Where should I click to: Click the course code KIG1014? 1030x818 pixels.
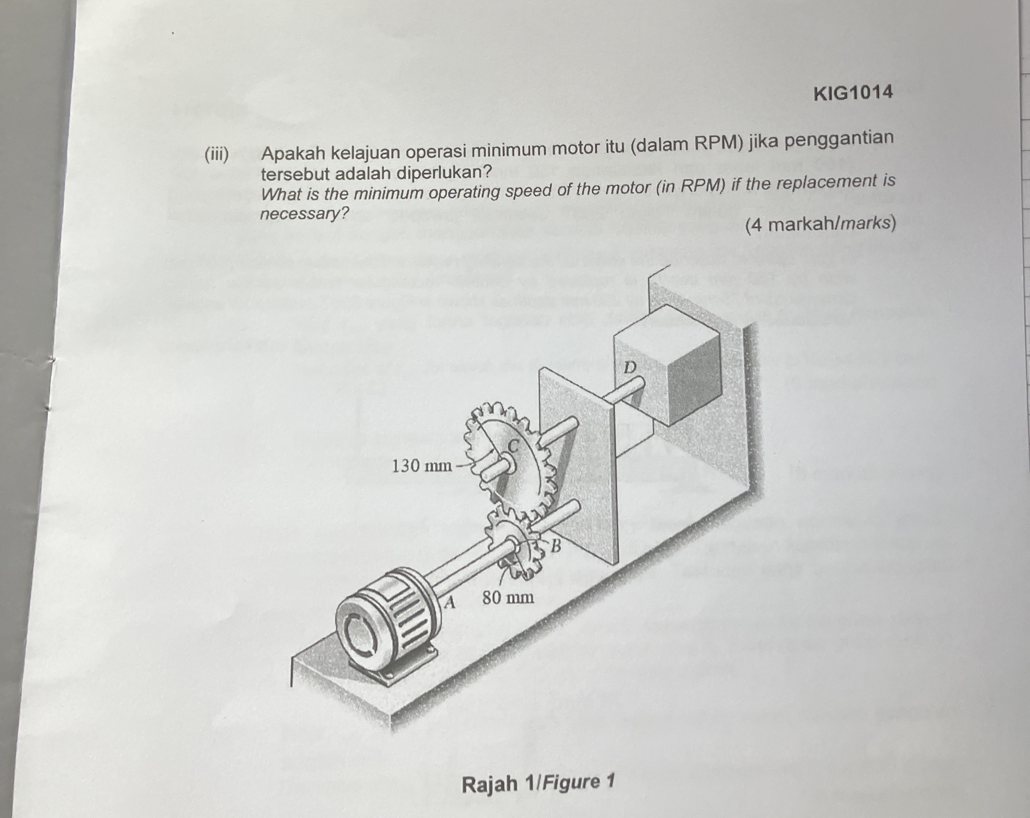(x=853, y=92)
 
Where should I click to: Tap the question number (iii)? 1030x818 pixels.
(x=216, y=154)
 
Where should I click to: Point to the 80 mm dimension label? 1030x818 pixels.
(x=508, y=597)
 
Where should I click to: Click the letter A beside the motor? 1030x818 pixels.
(x=449, y=603)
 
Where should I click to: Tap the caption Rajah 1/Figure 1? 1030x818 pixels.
(x=537, y=783)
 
